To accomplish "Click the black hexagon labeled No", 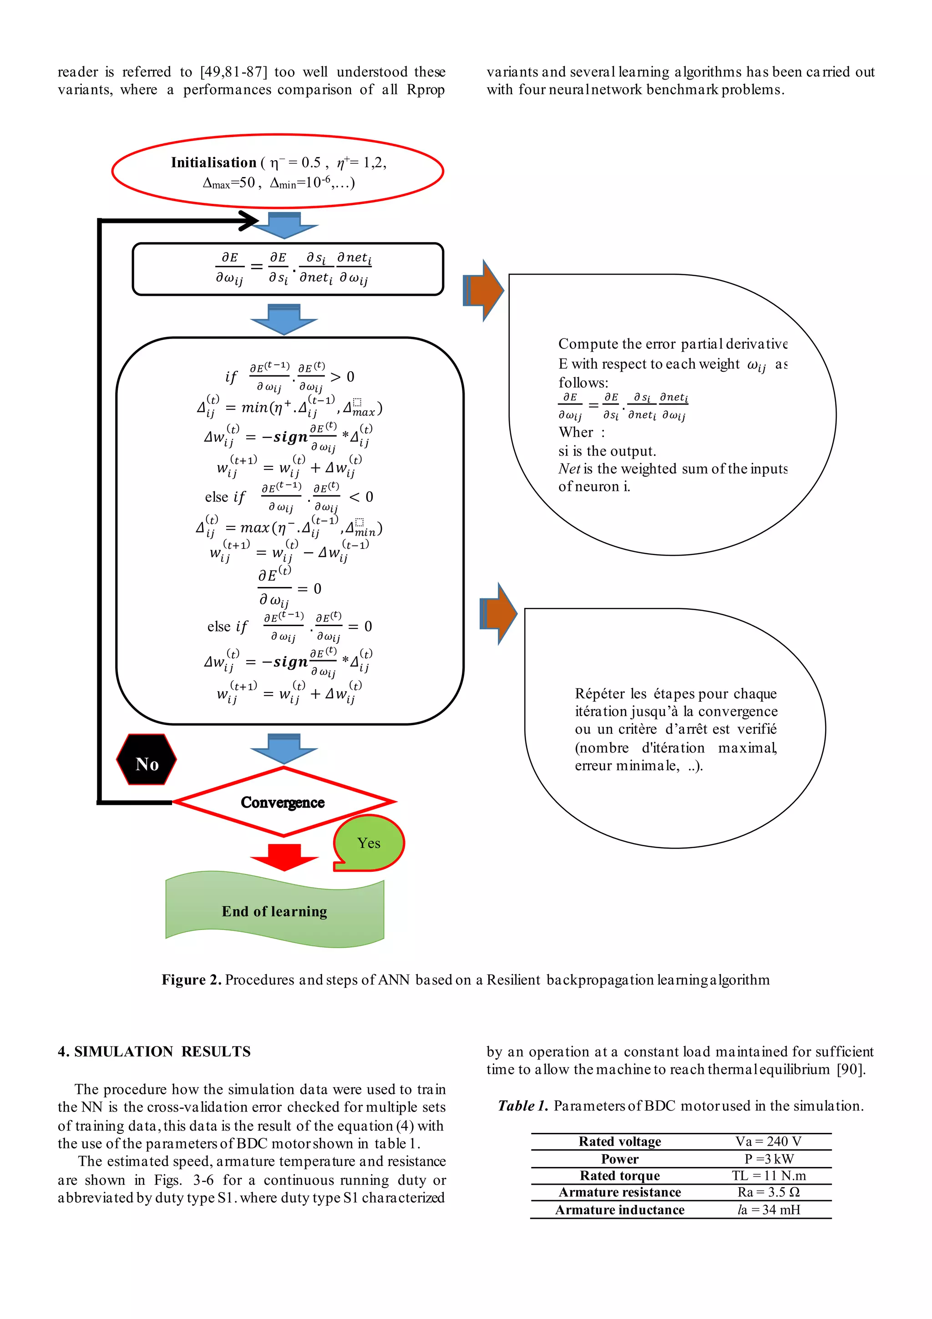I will (x=146, y=759).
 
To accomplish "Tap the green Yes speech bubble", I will (x=369, y=842).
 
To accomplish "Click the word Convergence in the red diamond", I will (x=282, y=802).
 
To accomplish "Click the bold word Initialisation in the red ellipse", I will (x=213, y=162).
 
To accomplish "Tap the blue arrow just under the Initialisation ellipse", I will (x=284, y=225).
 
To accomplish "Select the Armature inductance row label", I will (x=619, y=1210).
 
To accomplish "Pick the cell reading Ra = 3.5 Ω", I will (x=768, y=1192).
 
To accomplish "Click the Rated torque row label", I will (x=619, y=1175).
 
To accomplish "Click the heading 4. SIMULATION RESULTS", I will (x=154, y=1051).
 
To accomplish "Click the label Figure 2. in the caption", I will (x=191, y=980).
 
